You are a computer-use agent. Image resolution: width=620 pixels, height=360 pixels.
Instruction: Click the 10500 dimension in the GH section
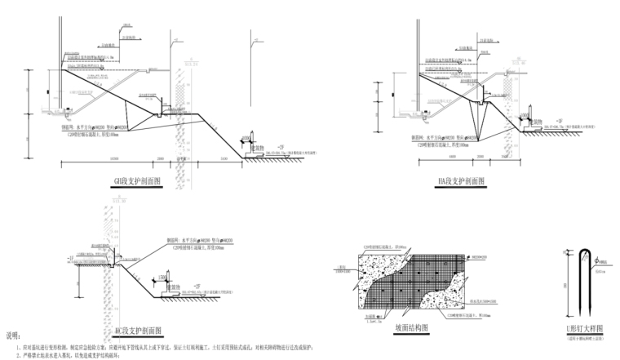click(x=113, y=158)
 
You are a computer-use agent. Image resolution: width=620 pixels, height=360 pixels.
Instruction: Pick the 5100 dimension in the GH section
click(x=222, y=158)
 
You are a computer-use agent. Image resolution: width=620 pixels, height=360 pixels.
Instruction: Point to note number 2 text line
click(x=90, y=355)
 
